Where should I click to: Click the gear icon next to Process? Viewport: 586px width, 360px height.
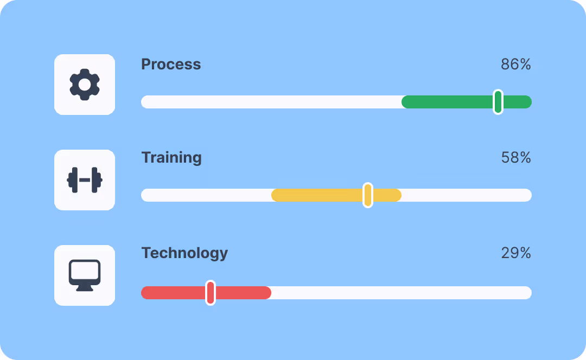[x=85, y=85]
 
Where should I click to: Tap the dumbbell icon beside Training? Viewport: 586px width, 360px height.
[x=85, y=180]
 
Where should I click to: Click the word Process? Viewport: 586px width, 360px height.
[x=171, y=64]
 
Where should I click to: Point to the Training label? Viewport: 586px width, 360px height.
[x=171, y=158]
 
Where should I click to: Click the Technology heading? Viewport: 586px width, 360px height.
[x=184, y=253]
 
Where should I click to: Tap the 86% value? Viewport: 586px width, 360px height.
[x=515, y=65]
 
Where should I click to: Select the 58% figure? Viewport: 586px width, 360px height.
[x=515, y=158]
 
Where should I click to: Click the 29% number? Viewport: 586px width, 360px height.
[x=515, y=253]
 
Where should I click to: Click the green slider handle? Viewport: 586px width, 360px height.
[x=498, y=102]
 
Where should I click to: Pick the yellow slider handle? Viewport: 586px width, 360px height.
[x=368, y=195]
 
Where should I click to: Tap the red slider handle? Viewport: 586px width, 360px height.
[x=211, y=293]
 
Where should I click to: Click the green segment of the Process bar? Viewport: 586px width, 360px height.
[x=445, y=102]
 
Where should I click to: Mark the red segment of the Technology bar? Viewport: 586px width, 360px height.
[x=174, y=293]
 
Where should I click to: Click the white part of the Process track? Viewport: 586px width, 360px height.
[x=271, y=102]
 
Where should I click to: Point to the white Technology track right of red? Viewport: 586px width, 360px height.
[x=402, y=293]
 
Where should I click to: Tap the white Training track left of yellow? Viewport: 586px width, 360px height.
[x=206, y=195]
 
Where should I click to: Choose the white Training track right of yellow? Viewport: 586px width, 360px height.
[x=467, y=195]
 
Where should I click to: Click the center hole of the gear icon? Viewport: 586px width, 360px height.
[x=85, y=85]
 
